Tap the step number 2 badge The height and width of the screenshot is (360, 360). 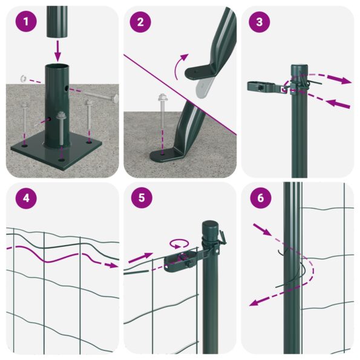click(141, 23)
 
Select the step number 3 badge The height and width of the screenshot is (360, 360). click(259, 23)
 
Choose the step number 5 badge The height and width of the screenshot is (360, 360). click(141, 198)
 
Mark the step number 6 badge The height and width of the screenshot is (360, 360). click(259, 198)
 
